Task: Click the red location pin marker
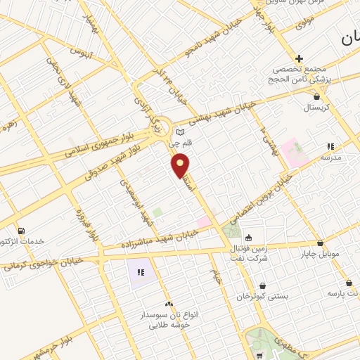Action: click(x=181, y=165)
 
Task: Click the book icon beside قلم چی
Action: click(x=180, y=131)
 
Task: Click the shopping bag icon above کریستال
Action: click(x=317, y=97)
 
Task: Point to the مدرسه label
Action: click(x=330, y=157)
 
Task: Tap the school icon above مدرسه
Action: click(x=330, y=147)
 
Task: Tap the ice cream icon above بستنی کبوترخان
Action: click(x=262, y=286)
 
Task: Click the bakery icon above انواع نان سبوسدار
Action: click(x=168, y=304)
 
